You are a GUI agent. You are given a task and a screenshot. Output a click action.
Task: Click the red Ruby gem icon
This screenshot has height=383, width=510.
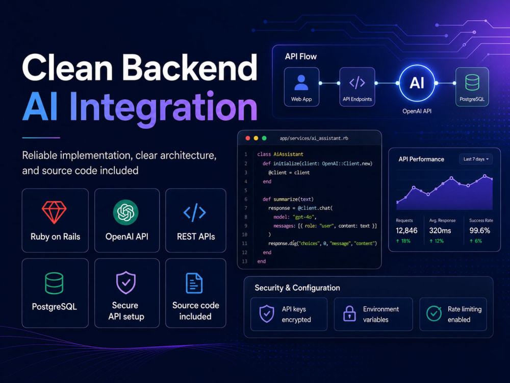[54, 212]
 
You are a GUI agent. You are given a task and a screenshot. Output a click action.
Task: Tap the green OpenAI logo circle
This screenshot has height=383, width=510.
[125, 212]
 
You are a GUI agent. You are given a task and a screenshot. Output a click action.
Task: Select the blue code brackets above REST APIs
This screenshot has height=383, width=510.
[194, 212]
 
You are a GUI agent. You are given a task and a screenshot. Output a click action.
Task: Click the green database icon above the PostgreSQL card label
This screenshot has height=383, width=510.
[54, 283]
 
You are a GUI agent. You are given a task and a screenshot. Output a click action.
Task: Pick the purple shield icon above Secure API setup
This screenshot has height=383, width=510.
[126, 283]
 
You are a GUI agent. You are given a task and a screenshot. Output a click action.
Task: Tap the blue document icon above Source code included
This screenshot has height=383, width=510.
[194, 283]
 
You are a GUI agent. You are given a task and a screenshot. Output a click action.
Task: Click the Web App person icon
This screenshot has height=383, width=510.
[301, 82]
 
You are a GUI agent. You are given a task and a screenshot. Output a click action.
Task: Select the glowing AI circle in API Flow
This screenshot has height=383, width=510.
[417, 83]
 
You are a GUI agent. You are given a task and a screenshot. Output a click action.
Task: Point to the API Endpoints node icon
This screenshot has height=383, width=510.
[357, 83]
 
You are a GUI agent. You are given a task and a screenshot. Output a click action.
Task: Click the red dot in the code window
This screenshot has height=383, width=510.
[247, 138]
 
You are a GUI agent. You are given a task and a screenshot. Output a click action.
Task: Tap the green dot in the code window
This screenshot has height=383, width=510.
[264, 138]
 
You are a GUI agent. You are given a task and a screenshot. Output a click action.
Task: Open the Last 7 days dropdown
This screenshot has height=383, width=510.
[476, 159]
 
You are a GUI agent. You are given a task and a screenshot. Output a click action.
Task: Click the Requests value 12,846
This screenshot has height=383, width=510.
[406, 231]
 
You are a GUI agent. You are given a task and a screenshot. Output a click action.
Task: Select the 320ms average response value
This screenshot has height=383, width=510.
[440, 231]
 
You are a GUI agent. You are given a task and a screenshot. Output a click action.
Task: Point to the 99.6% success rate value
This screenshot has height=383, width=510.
[479, 231]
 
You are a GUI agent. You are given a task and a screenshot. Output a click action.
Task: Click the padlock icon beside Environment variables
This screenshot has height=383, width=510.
[349, 314]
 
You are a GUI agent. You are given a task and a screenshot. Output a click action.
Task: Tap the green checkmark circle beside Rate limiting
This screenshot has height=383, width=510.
[434, 314]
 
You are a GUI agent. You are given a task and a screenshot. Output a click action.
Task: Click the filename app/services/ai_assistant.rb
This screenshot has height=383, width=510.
[314, 138]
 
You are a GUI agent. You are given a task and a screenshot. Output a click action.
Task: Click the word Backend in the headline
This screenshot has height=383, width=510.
[189, 68]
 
